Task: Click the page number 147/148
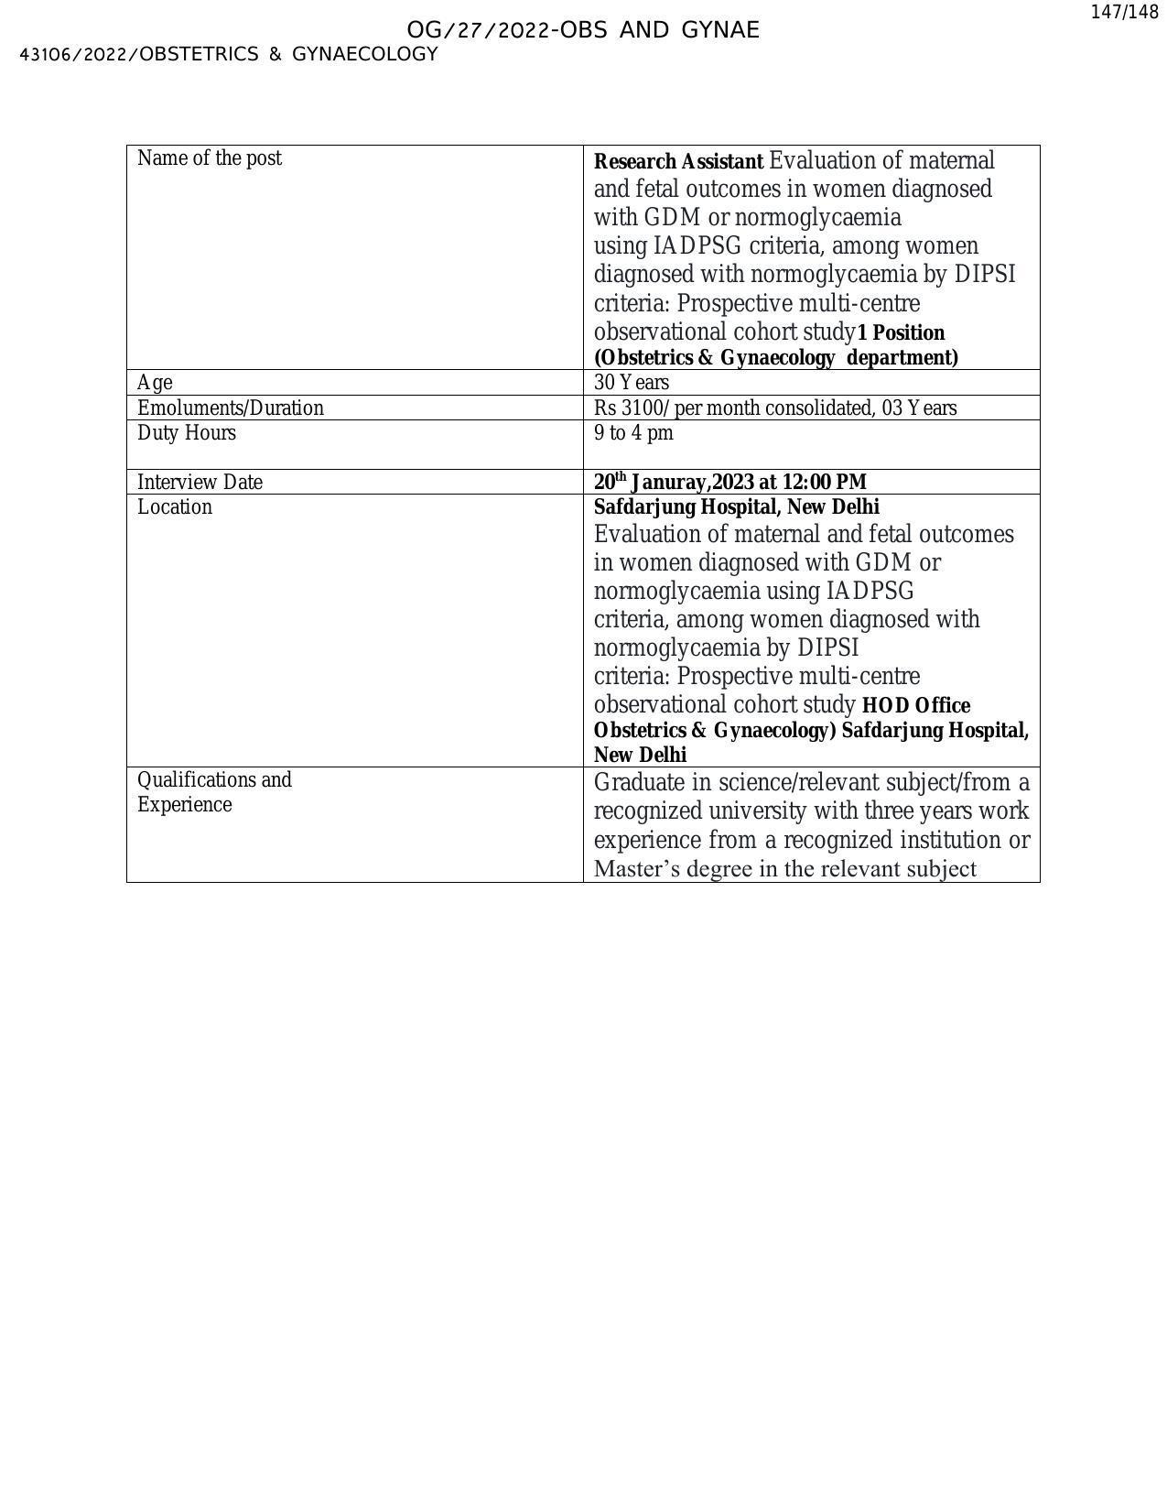[x=1125, y=13]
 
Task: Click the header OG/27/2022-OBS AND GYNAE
[x=583, y=30]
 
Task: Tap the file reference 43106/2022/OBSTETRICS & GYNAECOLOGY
[x=229, y=54]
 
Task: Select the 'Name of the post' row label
[x=210, y=158]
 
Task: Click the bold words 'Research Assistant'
[x=678, y=162]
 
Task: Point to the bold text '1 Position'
[x=902, y=332]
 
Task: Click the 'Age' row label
[x=155, y=383]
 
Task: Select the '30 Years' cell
[x=632, y=383]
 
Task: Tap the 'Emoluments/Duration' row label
[x=230, y=408]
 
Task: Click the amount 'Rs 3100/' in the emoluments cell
[x=632, y=408]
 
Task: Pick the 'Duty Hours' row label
[x=186, y=433]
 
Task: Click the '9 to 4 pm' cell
[x=633, y=433]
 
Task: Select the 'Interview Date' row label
[x=200, y=483]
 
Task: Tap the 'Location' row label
[x=174, y=507]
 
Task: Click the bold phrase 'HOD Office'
[x=916, y=706]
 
